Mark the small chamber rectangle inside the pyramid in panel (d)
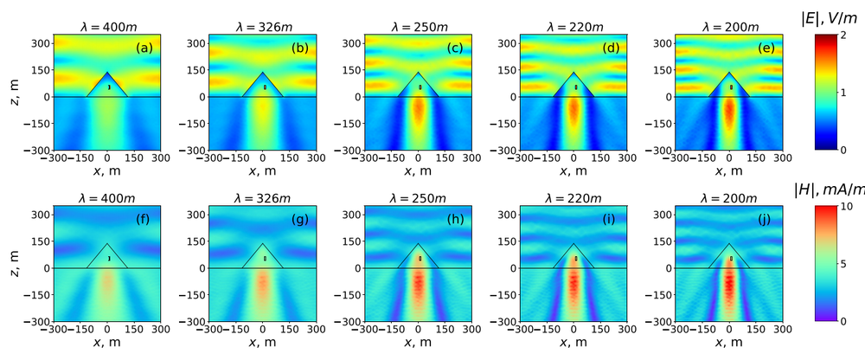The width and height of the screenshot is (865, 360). coord(575,87)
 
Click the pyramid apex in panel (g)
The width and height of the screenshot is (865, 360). coord(263,244)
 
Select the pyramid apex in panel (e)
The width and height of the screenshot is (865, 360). coord(730,73)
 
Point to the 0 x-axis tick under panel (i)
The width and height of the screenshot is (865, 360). coord(574,331)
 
